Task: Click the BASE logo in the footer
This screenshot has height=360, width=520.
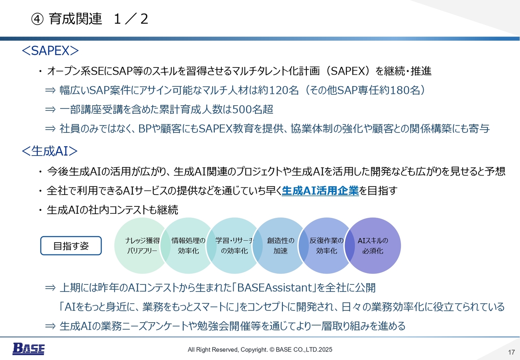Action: click(x=28, y=349)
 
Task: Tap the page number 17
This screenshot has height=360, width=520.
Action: click(x=511, y=352)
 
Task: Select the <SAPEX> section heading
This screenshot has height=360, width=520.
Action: click(x=50, y=51)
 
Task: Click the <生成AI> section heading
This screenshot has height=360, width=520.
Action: click(x=50, y=151)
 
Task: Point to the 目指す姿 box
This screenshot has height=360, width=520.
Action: click(x=71, y=246)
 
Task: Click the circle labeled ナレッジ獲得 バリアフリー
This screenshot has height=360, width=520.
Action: click(x=142, y=245)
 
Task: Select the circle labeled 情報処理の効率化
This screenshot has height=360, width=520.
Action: click(x=188, y=245)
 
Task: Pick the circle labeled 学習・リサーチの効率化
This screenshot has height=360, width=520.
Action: click(x=234, y=245)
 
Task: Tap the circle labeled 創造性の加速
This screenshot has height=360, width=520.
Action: click(x=280, y=245)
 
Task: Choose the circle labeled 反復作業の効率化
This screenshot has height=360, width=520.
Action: click(x=326, y=245)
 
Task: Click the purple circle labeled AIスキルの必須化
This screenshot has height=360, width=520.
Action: click(x=373, y=245)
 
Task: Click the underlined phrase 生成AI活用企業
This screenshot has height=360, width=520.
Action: click(x=320, y=191)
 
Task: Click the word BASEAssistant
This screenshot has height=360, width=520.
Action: click(x=275, y=288)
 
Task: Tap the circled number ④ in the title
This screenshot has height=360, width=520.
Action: click(x=37, y=19)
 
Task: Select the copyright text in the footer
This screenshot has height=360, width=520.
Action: click(x=260, y=349)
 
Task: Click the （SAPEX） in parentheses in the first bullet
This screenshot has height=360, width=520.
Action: click(x=349, y=71)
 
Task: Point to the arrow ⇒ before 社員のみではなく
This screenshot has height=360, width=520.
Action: click(x=50, y=128)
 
